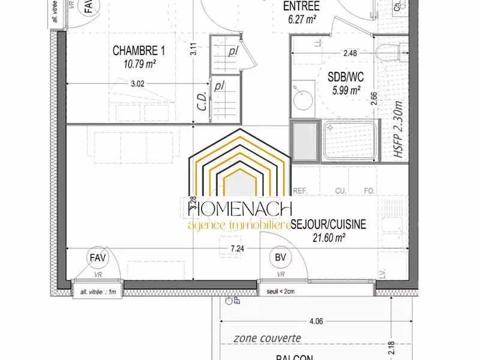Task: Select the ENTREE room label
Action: [x=301, y=7]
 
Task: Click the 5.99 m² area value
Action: [x=346, y=91]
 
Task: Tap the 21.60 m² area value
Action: [x=328, y=237]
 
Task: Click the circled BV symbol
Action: [x=280, y=257]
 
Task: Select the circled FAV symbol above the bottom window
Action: [x=98, y=257]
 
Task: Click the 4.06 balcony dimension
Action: [x=316, y=321]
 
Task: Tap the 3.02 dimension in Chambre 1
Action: [x=137, y=85]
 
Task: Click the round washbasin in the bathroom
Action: [x=303, y=99]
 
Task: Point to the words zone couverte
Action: [x=268, y=338]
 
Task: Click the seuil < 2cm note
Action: [x=281, y=292]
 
